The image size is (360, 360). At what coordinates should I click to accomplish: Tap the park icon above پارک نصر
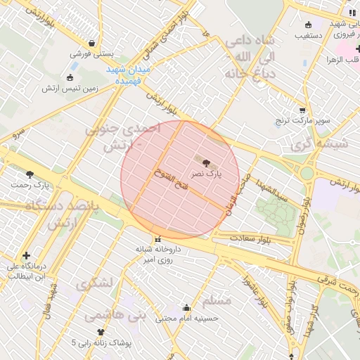tap(205, 162)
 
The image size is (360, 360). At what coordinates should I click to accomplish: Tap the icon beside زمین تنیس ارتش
tap(69, 77)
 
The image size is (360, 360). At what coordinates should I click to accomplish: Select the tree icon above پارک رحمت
tap(29, 174)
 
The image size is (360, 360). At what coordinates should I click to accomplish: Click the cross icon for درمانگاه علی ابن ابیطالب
tap(27, 255)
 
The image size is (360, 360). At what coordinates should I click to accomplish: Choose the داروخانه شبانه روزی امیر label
tap(157, 255)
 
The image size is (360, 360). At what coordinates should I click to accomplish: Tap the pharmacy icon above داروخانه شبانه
tap(157, 239)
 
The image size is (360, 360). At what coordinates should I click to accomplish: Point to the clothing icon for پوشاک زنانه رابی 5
tap(101, 332)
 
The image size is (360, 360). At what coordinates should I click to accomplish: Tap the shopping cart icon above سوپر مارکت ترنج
tap(302, 110)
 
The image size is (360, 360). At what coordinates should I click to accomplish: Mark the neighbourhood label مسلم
tap(217, 301)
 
